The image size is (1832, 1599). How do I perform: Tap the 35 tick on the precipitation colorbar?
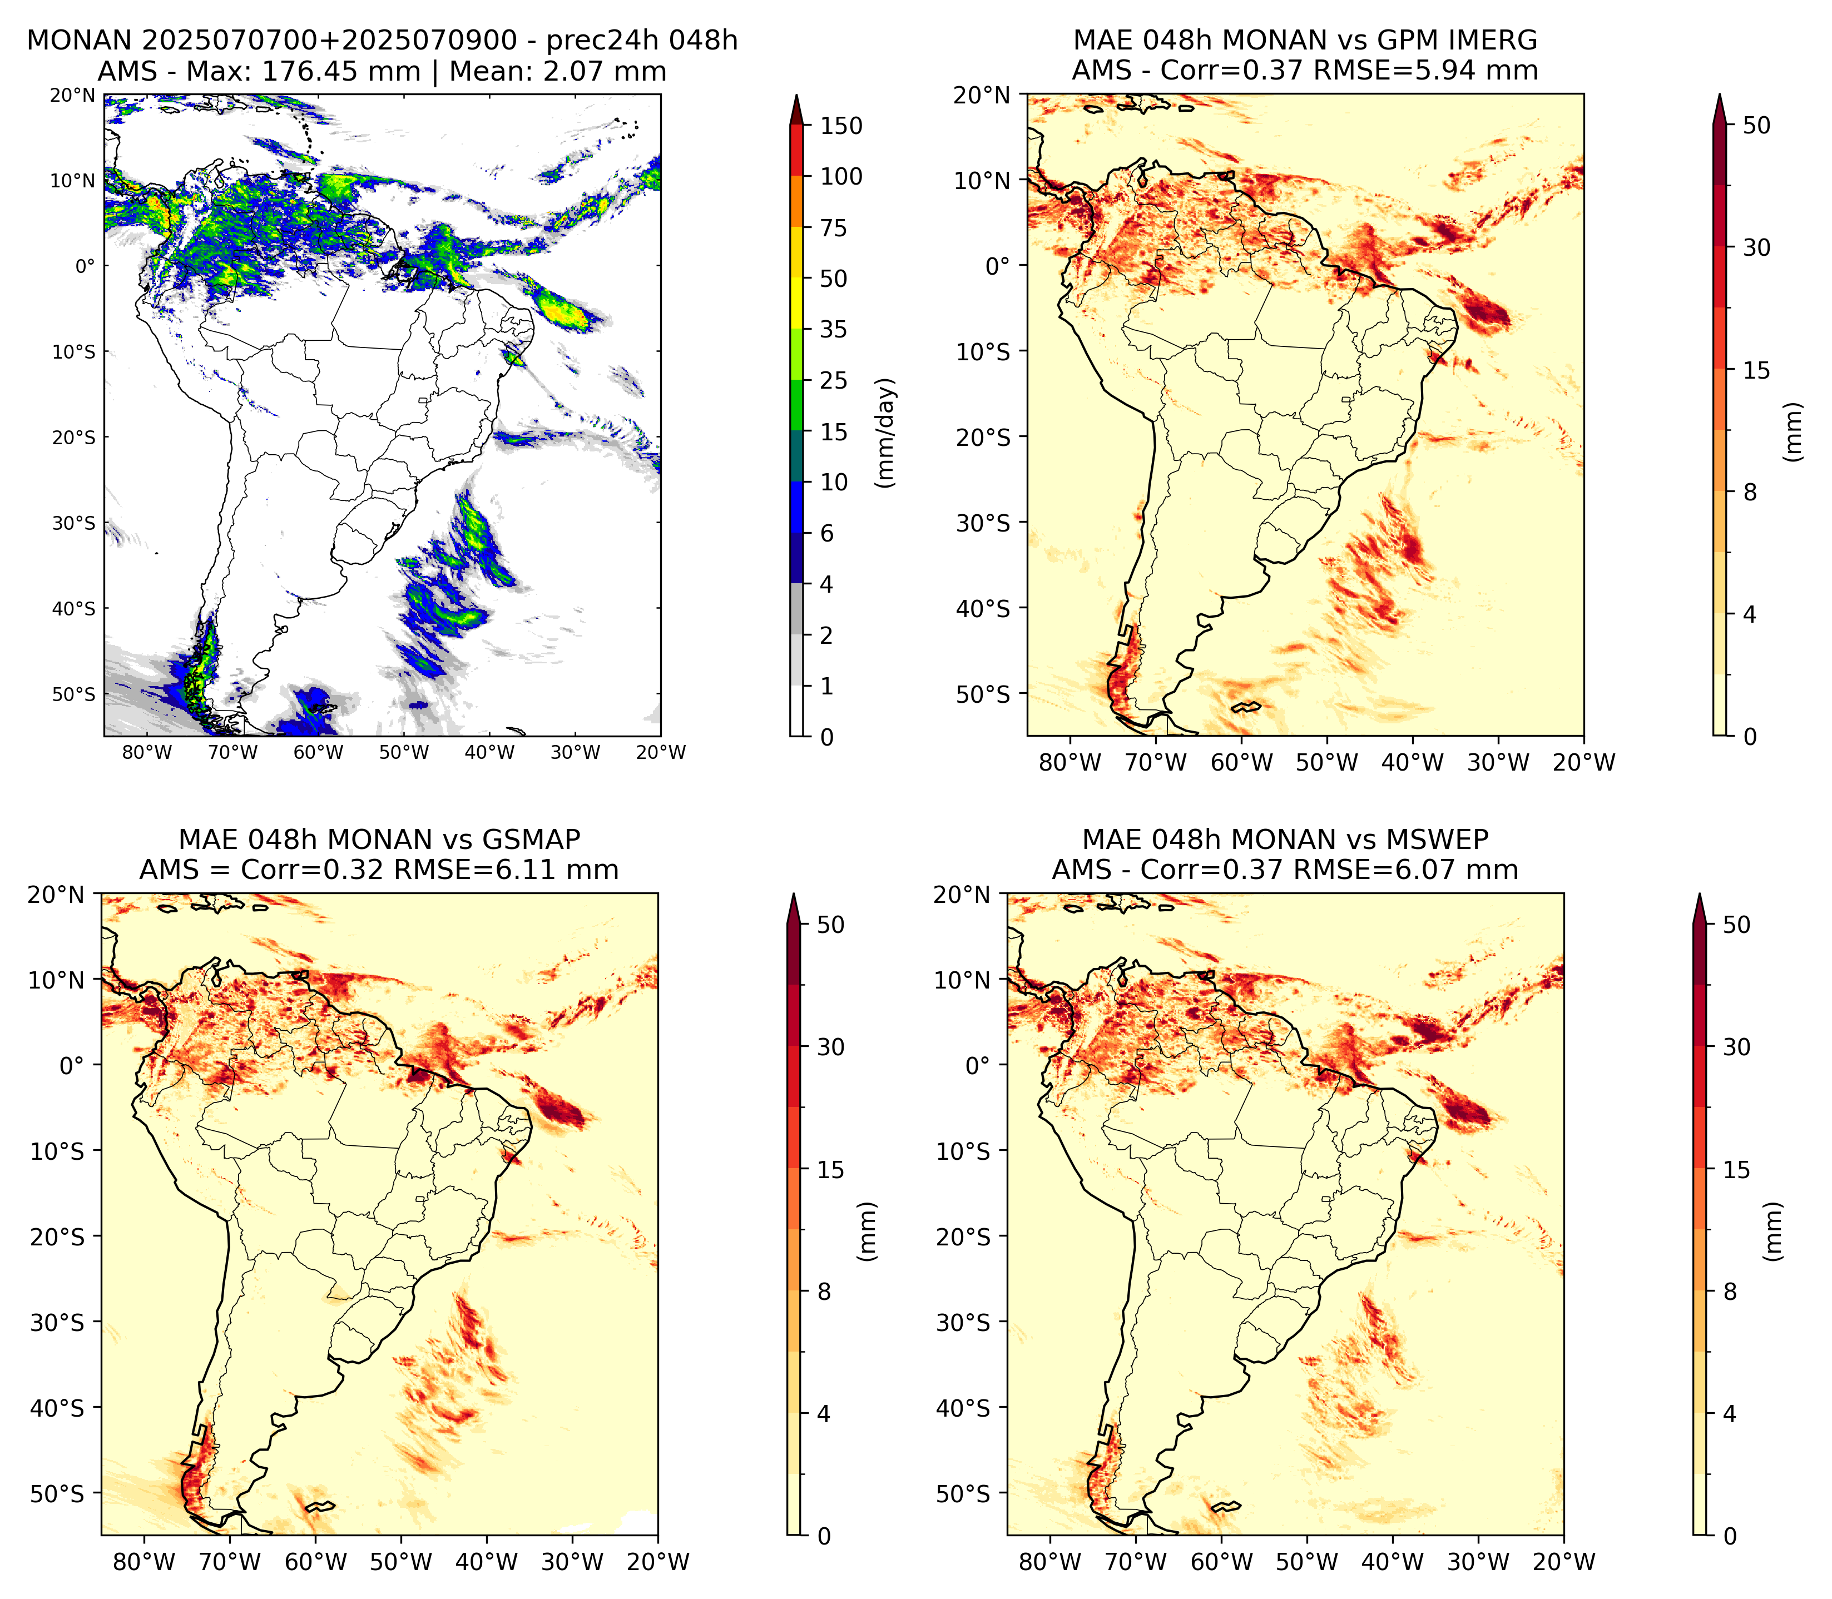[x=834, y=329]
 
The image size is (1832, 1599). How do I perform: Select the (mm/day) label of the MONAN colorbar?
[x=885, y=433]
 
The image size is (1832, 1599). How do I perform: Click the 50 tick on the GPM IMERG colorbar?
[x=1756, y=125]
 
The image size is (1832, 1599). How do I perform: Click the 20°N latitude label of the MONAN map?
[x=72, y=95]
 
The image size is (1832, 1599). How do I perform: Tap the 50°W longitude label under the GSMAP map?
[x=400, y=1562]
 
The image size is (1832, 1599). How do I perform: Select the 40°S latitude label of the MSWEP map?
[x=963, y=1408]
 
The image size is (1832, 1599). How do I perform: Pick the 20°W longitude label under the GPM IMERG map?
[x=1584, y=762]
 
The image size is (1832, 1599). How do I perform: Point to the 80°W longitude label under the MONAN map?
[x=147, y=752]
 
